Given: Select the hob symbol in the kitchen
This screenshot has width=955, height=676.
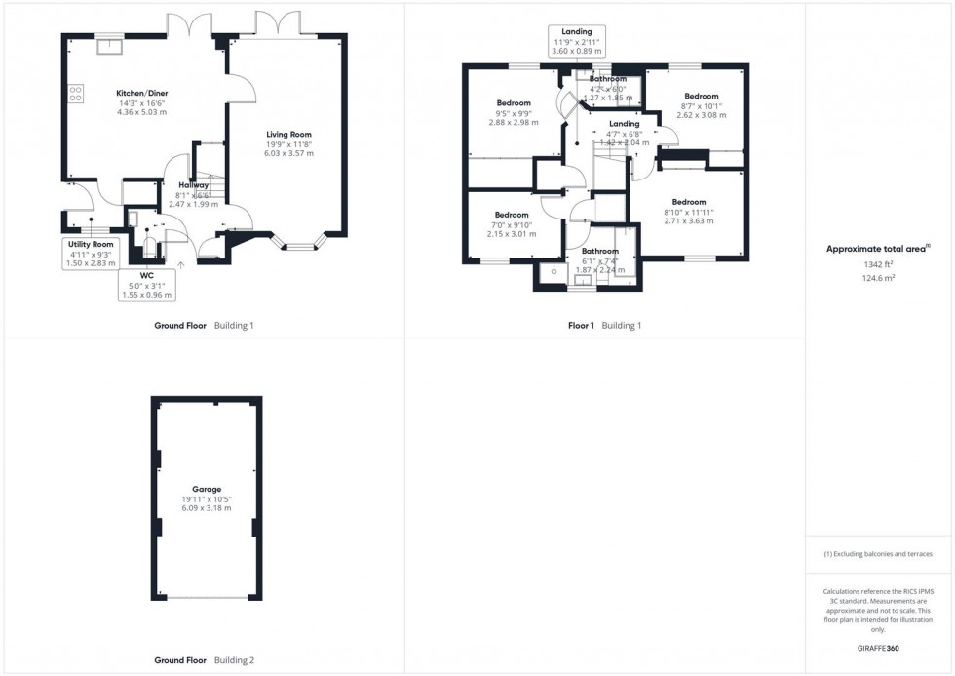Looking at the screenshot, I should [x=75, y=94].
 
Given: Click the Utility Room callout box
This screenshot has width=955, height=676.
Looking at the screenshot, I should [x=90, y=252].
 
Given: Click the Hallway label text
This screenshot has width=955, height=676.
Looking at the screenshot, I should [x=193, y=184].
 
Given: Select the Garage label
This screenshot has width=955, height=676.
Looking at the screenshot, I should [x=207, y=489].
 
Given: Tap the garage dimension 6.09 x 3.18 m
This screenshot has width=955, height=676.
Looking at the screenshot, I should [x=207, y=508].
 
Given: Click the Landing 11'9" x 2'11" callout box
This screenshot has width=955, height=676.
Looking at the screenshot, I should [x=577, y=42].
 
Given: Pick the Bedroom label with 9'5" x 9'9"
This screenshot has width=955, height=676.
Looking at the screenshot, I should [x=514, y=103].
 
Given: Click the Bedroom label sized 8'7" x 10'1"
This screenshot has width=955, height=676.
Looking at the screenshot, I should [x=700, y=96].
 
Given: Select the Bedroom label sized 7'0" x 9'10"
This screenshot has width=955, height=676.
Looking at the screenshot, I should [x=511, y=215].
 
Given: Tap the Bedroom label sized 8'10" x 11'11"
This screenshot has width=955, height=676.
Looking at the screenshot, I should [x=688, y=202].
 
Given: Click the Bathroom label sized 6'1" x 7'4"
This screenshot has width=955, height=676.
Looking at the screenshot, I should [x=600, y=251].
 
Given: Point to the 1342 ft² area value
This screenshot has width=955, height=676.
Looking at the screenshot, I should [x=879, y=264].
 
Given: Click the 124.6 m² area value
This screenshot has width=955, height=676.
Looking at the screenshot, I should [x=879, y=277].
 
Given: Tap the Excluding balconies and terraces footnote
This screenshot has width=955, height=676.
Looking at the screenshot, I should [x=878, y=554].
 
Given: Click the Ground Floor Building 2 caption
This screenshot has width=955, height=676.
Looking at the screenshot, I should [x=205, y=660].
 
